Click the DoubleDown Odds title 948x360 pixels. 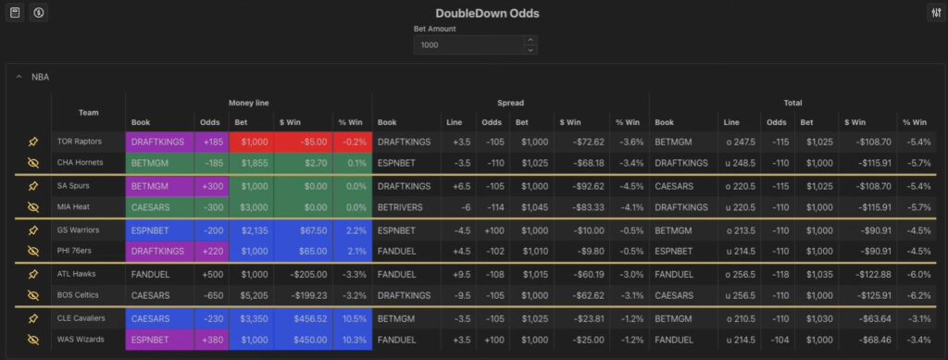(474, 13)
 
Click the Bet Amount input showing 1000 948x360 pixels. (468, 44)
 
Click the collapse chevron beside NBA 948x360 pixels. (19, 77)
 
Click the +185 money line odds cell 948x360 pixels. (208, 142)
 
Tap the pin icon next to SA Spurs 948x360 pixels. (33, 186)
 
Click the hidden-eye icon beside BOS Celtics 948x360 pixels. (33, 295)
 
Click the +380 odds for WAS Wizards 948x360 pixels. (208, 340)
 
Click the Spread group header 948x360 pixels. (510, 103)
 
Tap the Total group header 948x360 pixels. (792, 103)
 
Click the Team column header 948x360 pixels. (88, 112)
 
